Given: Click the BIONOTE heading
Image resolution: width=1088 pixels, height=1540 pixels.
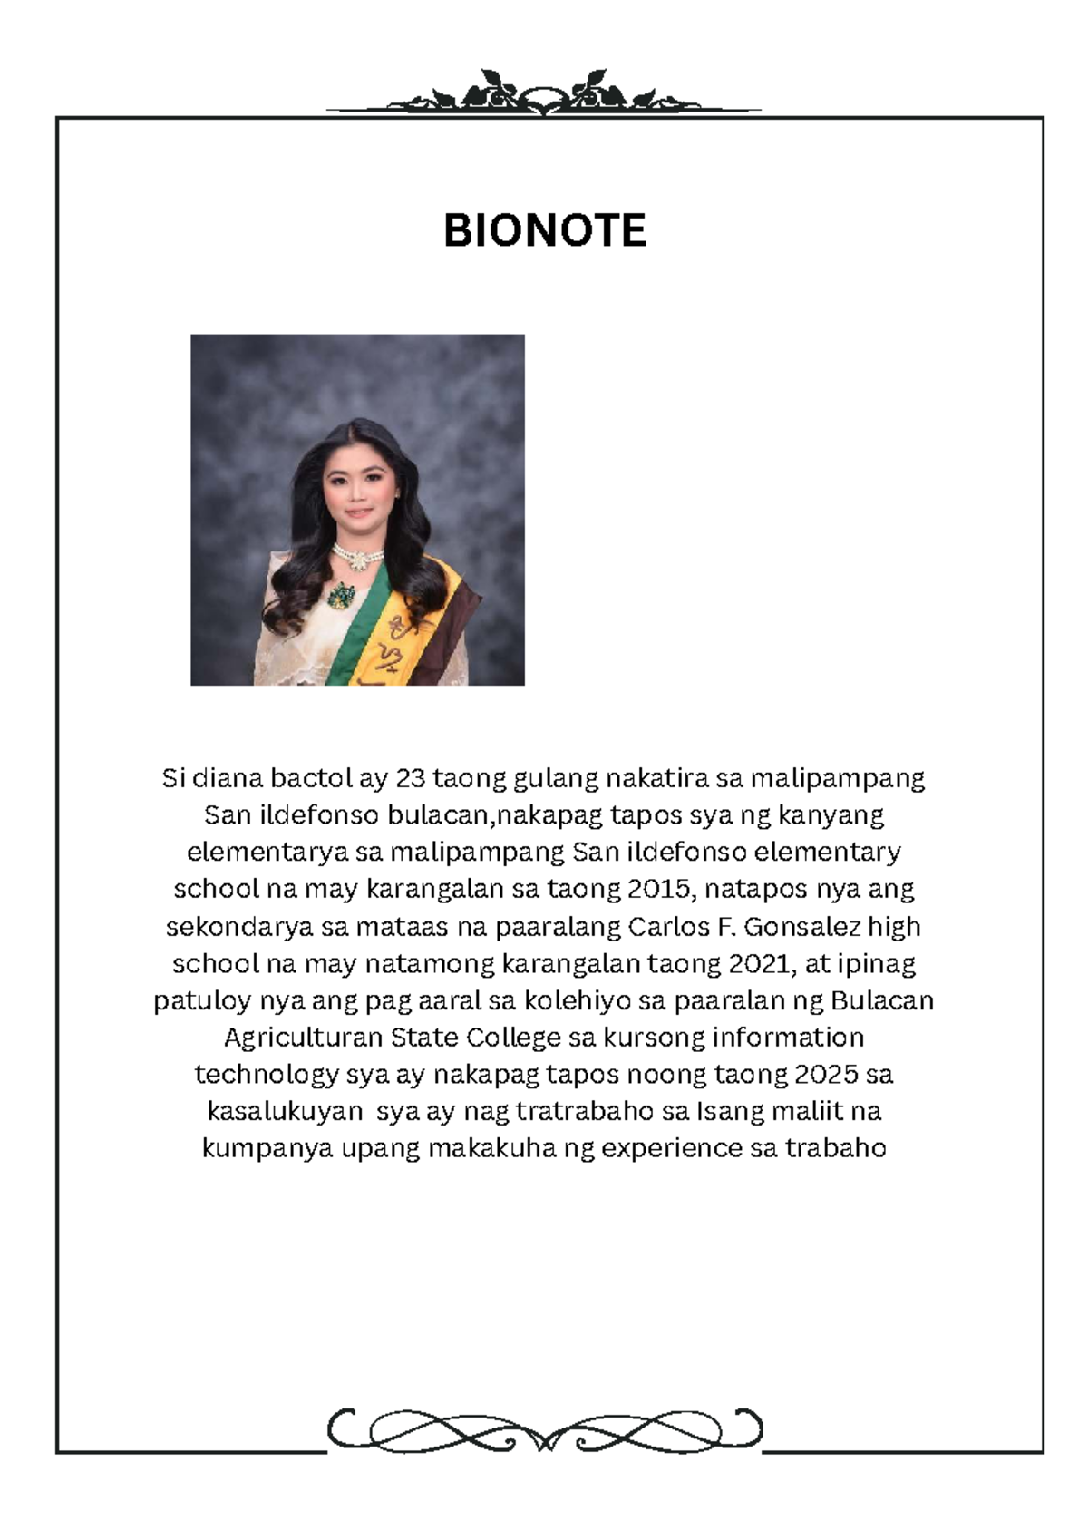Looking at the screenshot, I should pos(544,230).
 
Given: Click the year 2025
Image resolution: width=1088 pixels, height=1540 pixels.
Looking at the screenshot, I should pos(825,1075).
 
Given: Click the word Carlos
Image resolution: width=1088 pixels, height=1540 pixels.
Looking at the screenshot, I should pos(671,927).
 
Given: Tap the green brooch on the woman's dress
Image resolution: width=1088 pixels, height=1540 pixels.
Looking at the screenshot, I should pos(344,596).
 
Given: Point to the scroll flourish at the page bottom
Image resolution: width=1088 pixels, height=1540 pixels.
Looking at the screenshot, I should pos(544,1431).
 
